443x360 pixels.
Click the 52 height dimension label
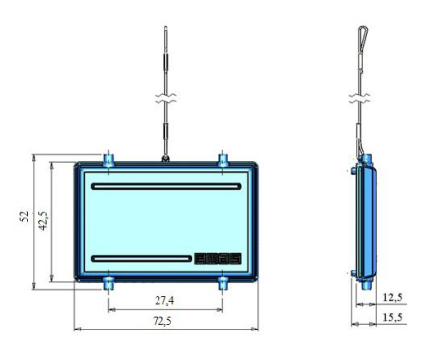coord(25,216)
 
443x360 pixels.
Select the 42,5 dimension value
coord(44,221)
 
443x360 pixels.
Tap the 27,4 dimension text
coord(164,300)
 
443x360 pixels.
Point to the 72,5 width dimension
coord(162,321)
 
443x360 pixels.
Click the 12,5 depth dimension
coord(393,297)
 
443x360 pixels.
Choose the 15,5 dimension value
coord(393,317)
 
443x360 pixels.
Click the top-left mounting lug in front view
coord(109,160)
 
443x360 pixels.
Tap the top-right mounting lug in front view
coord(223,160)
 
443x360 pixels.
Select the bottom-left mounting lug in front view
coord(109,283)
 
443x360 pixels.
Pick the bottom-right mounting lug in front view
coord(223,283)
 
